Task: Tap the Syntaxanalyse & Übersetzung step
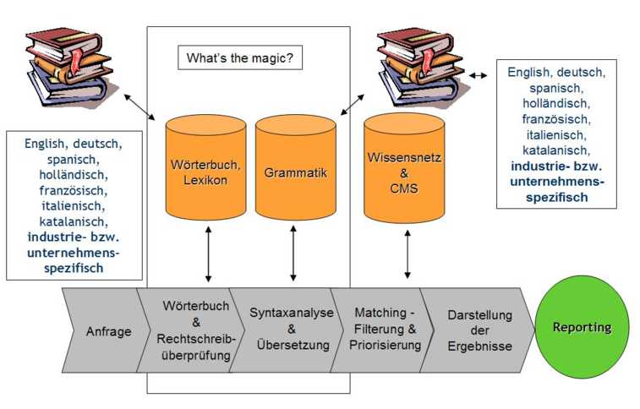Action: (x=281, y=330)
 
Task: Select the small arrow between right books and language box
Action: (x=479, y=75)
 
